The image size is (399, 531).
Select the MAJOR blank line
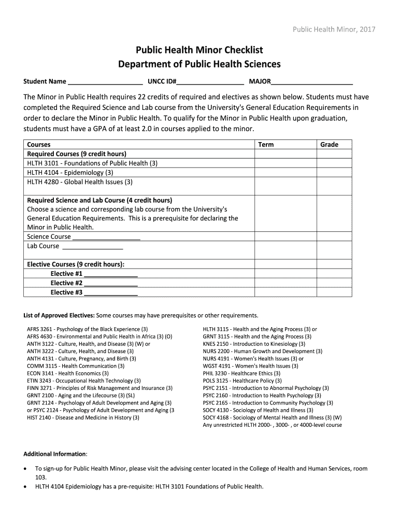pyautogui.click(x=312, y=82)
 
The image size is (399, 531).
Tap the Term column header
pyautogui.click(x=266, y=145)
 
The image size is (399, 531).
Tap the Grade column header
pyautogui.click(x=329, y=145)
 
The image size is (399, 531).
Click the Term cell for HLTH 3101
pyautogui.click(x=285, y=163)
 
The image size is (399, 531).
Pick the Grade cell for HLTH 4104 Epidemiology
pyautogui.click(x=334, y=173)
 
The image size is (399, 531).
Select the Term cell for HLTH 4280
pyautogui.click(x=285, y=182)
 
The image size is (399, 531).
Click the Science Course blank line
pyautogui.click(x=106, y=237)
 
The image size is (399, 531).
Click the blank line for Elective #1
pyautogui.click(x=110, y=274)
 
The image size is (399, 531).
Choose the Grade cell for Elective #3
pyautogui.click(x=334, y=292)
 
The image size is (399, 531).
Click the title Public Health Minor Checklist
pyautogui.click(x=199, y=50)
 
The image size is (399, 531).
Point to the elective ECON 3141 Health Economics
pyautogui.click(x=68, y=373)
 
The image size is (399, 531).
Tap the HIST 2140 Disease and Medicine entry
pyautogui.click(x=79, y=417)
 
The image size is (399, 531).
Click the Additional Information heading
pyautogui.click(x=55, y=454)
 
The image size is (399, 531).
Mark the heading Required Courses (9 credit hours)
pyautogui.click(x=77, y=154)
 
